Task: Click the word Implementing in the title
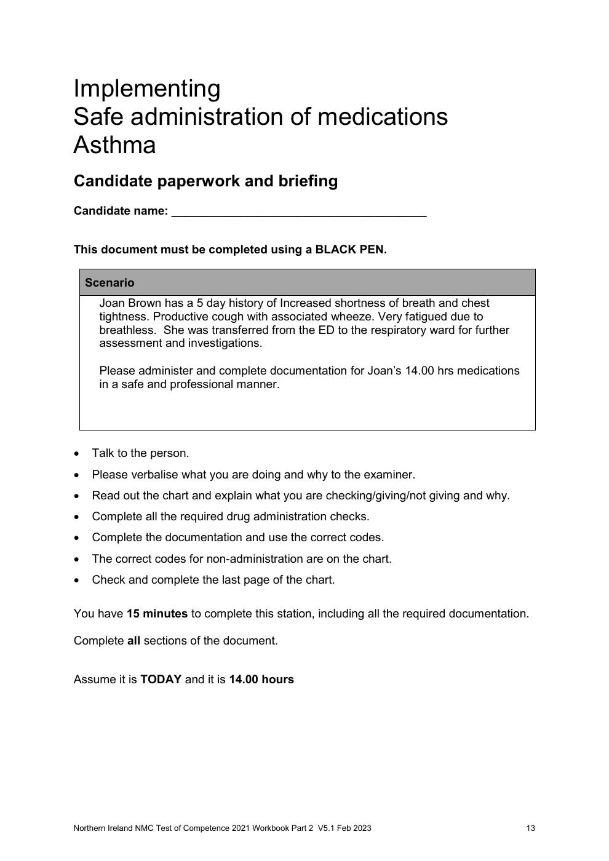click(x=146, y=89)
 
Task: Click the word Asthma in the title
click(x=114, y=146)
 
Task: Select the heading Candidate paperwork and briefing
click(x=205, y=181)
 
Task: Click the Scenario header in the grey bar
click(x=109, y=283)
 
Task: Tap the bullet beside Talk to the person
click(x=76, y=454)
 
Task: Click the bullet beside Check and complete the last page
click(x=76, y=580)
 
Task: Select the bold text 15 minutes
click(x=157, y=614)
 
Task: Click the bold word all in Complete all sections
click(x=133, y=641)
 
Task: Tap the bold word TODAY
click(x=161, y=680)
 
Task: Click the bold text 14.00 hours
click(x=261, y=680)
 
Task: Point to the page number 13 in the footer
click(x=530, y=828)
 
